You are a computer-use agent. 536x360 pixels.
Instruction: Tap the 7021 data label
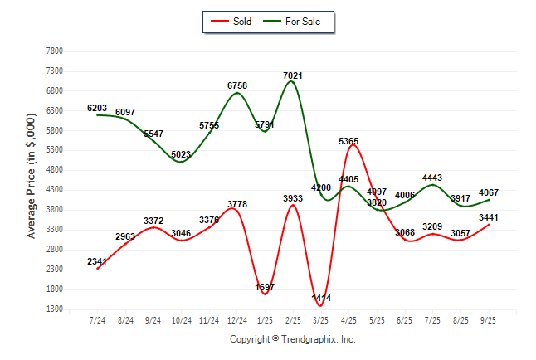292,75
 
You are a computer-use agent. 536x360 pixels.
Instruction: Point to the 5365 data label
348,142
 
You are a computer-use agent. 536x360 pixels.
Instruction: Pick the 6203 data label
97,108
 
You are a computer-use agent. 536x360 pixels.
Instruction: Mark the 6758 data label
237,85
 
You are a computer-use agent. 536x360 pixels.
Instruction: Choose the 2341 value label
97,262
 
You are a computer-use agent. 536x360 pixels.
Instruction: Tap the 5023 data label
181,154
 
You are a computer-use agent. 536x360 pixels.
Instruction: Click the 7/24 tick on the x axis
97,319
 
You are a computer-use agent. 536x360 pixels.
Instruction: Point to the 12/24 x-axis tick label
237,319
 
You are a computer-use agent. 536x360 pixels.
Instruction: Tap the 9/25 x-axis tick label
489,319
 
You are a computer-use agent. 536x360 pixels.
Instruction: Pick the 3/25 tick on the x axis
320,319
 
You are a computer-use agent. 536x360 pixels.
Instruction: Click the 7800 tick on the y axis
55,51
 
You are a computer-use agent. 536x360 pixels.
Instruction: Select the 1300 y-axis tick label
55,309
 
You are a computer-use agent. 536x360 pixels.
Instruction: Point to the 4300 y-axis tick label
55,190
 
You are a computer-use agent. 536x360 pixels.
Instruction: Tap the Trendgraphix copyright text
292,339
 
